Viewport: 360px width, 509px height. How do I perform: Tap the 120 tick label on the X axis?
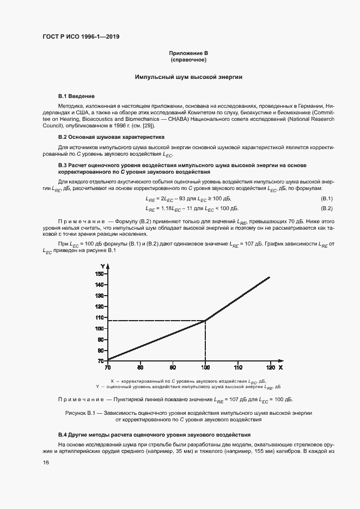(270, 366)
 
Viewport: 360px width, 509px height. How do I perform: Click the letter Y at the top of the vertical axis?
(102, 265)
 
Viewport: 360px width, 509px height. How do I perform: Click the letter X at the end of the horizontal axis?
(280, 366)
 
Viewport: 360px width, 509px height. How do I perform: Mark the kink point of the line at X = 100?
(205, 321)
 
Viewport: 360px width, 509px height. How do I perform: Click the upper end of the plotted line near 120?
(270, 277)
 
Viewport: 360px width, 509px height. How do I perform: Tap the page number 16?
(46, 462)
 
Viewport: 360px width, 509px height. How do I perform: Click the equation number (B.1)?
(326, 198)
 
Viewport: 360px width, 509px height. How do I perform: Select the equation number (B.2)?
(326, 208)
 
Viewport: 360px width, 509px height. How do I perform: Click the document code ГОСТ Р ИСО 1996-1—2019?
(81, 37)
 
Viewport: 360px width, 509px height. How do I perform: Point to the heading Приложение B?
(188, 53)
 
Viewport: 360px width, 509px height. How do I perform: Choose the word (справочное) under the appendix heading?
(188, 60)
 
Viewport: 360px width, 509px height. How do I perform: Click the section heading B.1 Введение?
(76, 96)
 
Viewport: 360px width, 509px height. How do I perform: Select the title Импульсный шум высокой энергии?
(188, 77)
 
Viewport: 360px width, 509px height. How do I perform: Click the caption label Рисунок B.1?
(80, 413)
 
